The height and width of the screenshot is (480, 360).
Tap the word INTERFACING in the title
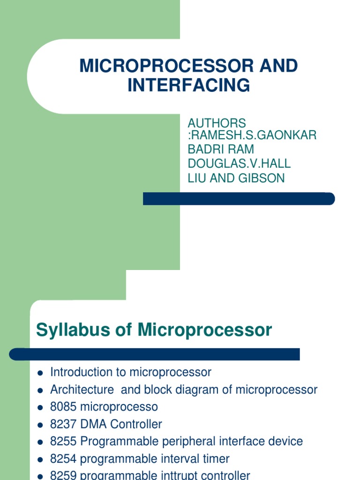coord(188,85)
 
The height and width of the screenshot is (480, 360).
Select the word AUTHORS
coord(217,123)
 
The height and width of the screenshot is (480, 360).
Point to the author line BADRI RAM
coord(221,150)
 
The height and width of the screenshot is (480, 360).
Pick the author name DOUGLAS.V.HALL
coord(239,164)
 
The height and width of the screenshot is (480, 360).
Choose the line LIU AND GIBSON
coord(236,178)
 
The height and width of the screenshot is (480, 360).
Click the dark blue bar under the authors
coord(239,199)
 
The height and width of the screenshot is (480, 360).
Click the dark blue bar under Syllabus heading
coord(155,354)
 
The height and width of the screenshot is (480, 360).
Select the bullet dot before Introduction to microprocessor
coord(40,373)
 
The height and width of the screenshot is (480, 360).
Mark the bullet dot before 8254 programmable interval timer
coord(40,459)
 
